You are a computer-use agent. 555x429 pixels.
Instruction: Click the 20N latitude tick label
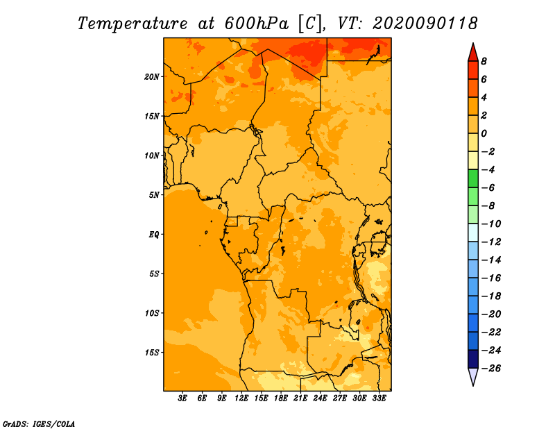click(152, 77)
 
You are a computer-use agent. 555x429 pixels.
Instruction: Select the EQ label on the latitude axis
click(153, 235)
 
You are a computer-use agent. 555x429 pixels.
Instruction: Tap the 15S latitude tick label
click(152, 353)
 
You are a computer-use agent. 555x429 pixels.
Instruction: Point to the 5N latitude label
click(154, 195)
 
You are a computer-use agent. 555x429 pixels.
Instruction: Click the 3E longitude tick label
click(182, 398)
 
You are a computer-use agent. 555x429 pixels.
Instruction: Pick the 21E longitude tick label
click(300, 398)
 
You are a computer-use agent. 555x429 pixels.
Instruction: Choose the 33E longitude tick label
click(379, 398)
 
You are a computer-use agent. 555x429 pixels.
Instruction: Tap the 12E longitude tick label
click(241, 398)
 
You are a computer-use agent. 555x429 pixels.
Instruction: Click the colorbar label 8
click(484, 61)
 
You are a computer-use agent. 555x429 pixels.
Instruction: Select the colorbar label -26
click(491, 369)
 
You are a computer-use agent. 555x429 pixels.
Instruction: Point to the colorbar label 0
click(484, 133)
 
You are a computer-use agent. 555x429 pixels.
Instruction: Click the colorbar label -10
click(491, 224)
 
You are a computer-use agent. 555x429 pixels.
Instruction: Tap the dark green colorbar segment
click(473, 178)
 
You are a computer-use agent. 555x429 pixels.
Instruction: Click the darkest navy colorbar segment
click(473, 359)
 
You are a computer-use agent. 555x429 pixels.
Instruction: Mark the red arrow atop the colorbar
click(473, 52)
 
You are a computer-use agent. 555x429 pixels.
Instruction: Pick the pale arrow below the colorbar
click(473, 377)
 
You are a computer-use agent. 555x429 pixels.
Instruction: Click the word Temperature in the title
click(133, 24)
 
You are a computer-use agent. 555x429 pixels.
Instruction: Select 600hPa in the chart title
click(257, 24)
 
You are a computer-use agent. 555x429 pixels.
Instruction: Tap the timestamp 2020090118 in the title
click(425, 24)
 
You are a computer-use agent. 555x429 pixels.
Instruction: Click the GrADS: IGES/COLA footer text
click(39, 423)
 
